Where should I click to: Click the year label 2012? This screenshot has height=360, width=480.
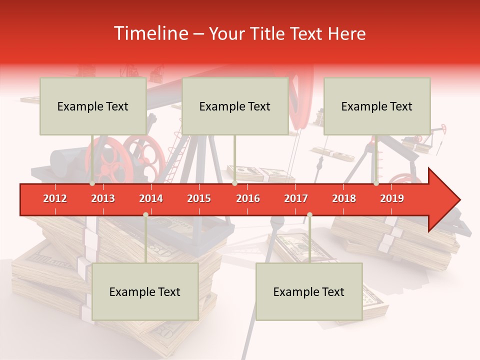click(55, 198)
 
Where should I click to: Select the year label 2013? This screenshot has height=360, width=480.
click(103, 198)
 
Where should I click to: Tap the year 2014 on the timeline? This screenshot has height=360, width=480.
click(151, 198)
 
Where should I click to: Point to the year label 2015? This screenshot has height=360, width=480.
click(199, 198)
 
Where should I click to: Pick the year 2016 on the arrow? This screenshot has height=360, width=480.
click(248, 198)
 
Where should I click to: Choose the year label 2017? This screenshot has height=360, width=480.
click(296, 198)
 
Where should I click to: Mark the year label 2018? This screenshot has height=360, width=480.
click(344, 198)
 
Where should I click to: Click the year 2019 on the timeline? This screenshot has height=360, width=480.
click(392, 198)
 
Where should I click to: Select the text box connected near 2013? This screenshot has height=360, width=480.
click(93, 106)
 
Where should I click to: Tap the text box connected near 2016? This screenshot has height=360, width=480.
click(235, 106)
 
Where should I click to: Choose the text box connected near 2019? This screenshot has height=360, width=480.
click(377, 106)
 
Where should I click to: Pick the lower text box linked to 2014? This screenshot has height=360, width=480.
click(145, 291)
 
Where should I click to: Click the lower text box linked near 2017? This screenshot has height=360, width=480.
click(309, 291)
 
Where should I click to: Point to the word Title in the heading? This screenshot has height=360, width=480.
click(268, 33)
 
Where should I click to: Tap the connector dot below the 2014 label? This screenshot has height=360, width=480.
click(145, 214)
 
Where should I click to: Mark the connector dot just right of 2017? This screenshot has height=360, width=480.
click(309, 214)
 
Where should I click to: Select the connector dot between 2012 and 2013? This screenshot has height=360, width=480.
click(92, 183)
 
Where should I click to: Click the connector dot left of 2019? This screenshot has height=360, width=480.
click(376, 183)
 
